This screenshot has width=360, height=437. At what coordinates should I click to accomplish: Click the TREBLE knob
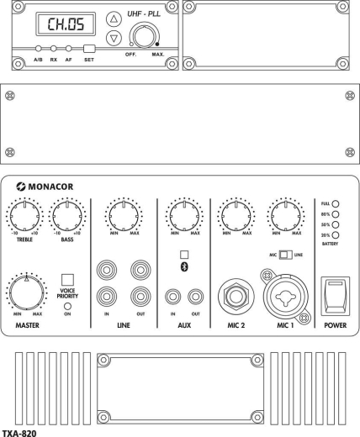click(x=24, y=218)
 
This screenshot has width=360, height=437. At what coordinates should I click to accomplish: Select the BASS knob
click(x=69, y=218)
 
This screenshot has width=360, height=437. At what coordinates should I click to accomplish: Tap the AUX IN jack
click(x=173, y=296)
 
